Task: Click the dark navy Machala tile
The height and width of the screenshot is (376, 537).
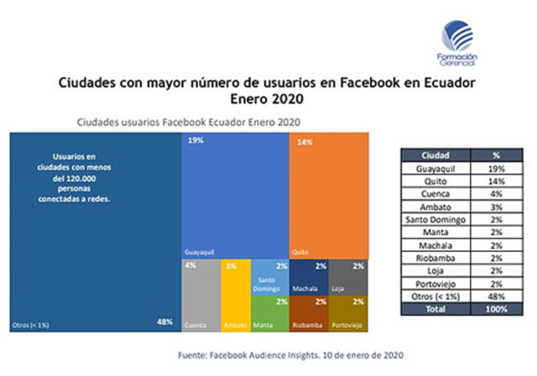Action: point(308,276)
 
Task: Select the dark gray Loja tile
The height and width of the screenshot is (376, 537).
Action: point(347,276)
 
